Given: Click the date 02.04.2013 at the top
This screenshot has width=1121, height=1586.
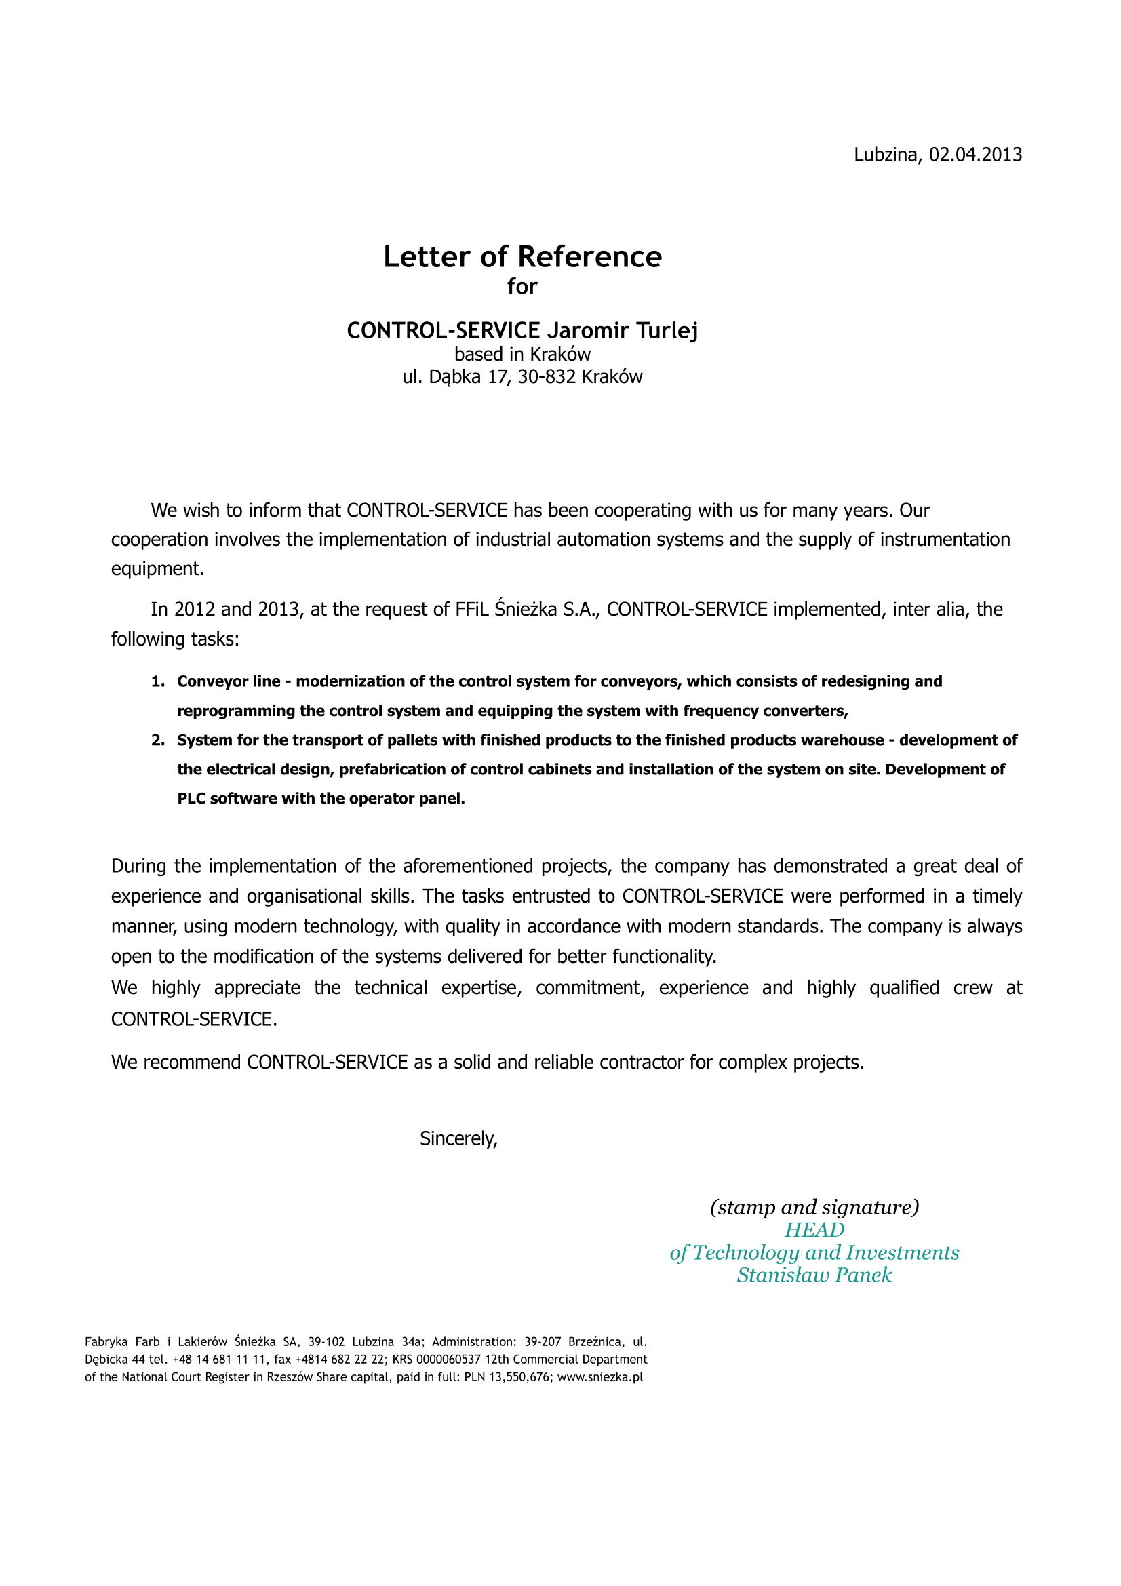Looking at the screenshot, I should click(x=975, y=155).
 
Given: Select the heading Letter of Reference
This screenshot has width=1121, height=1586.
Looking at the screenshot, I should click(x=522, y=256).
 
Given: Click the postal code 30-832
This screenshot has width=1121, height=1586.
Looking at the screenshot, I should click(x=547, y=377).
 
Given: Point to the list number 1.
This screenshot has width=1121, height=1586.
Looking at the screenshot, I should click(x=157, y=681).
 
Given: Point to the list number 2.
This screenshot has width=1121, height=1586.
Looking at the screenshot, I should click(x=157, y=740).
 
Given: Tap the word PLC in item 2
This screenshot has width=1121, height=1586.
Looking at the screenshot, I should click(x=191, y=799).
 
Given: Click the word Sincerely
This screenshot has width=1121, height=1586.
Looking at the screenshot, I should click(x=458, y=1139).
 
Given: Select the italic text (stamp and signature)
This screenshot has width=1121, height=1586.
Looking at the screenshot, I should click(x=814, y=1208).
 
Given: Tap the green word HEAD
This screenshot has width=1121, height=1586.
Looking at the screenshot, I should click(x=814, y=1230).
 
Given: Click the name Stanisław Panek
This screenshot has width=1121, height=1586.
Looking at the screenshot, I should click(x=814, y=1275).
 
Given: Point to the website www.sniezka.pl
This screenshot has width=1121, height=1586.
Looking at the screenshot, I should click(x=600, y=1376).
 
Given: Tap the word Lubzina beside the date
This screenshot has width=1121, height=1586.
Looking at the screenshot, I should click(x=887, y=155).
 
